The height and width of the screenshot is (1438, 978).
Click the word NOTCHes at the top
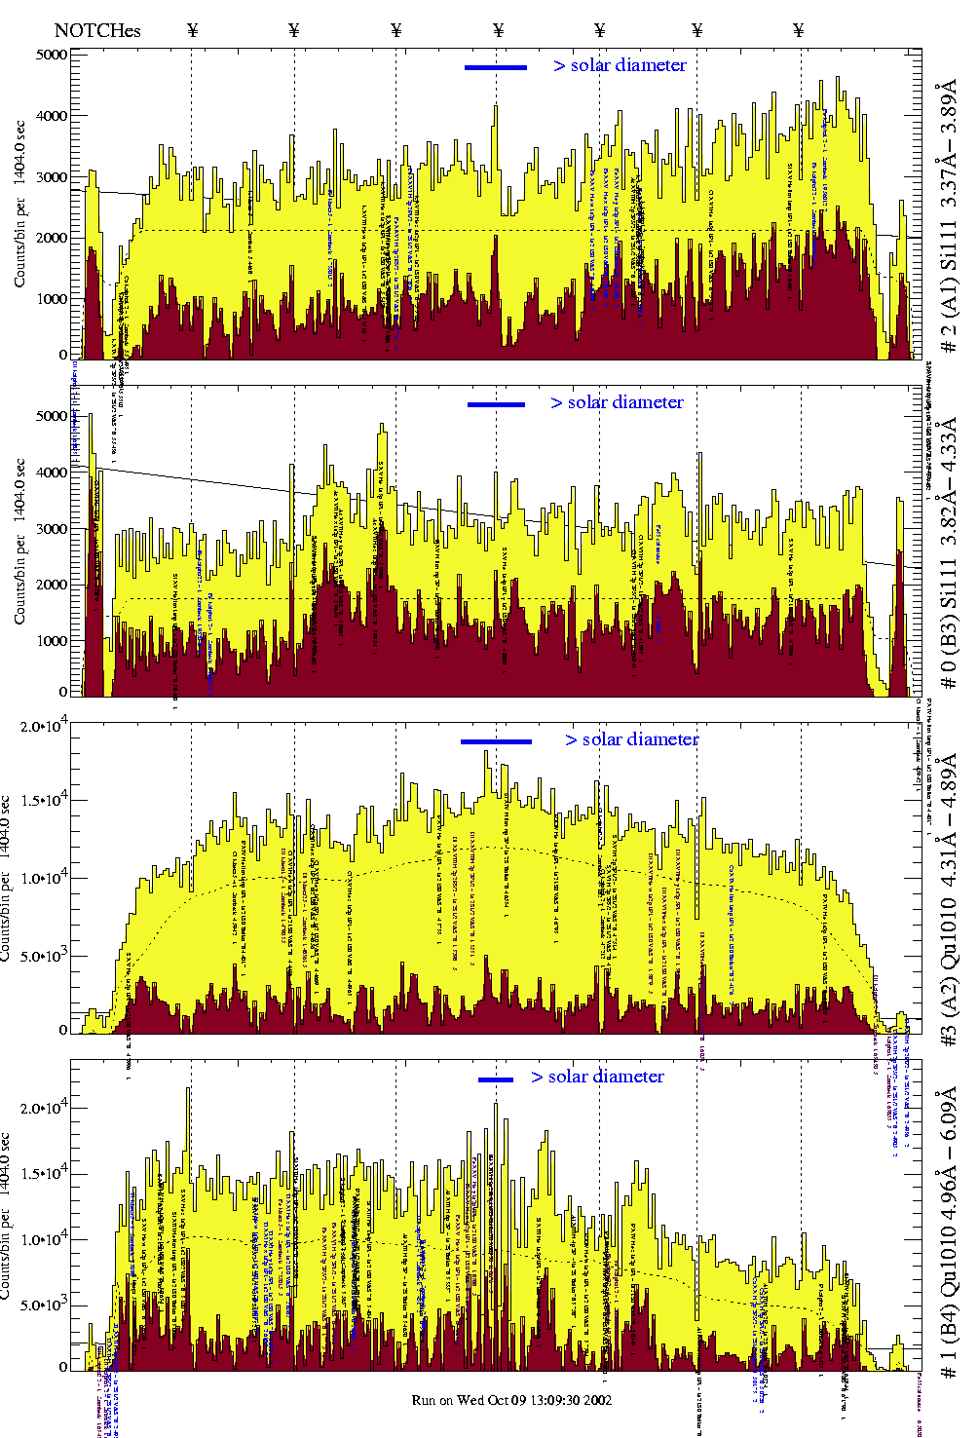click(x=97, y=30)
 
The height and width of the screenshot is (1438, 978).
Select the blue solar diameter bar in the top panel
click(x=496, y=67)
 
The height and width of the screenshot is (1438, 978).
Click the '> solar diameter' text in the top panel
click(x=621, y=65)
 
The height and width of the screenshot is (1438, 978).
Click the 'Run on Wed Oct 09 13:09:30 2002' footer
click(x=511, y=1400)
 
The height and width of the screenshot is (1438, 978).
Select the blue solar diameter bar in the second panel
click(x=496, y=404)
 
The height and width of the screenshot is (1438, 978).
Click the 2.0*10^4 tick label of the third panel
click(x=44, y=726)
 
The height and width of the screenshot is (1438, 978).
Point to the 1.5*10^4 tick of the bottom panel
click(x=44, y=1173)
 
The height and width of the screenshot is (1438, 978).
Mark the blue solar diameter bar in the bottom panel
click(x=496, y=1079)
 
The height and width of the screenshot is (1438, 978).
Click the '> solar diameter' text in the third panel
click(x=632, y=739)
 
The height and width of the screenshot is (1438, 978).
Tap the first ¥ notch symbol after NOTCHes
click(x=192, y=30)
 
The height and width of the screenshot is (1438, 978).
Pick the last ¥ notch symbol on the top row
click(x=799, y=30)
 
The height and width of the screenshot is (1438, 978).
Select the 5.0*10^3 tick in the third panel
click(x=44, y=956)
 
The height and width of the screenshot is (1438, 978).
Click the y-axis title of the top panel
click(x=20, y=204)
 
